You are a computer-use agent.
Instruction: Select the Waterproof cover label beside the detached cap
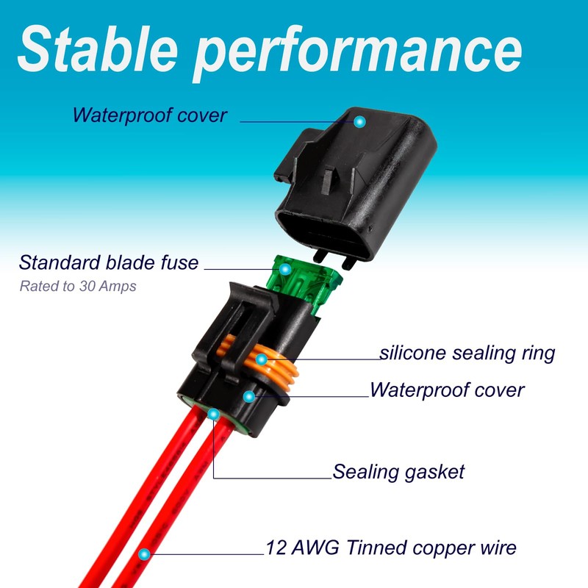150,115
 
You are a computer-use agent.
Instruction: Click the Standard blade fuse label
109,262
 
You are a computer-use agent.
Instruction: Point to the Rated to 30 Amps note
78,286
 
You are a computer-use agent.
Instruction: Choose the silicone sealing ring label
467,353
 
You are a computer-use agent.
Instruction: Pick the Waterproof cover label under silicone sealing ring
447,390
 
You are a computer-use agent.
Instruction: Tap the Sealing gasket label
398,471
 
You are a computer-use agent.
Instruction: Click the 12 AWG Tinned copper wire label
391,548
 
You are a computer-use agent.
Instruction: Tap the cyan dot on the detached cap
359,121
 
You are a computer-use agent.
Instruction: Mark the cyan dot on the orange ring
261,359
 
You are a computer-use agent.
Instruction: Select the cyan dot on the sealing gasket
213,415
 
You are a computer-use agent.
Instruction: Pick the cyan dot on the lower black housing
249,396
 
